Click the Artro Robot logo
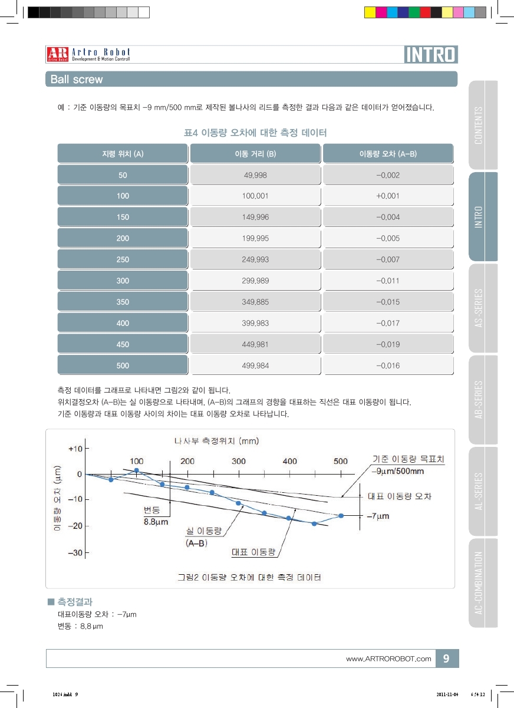[88, 54]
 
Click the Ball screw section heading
[77, 79]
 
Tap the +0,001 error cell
[388, 196]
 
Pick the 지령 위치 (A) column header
[123, 154]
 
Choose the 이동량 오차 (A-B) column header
[388, 154]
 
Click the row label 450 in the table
[123, 345]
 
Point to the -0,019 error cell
[388, 345]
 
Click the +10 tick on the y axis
[75, 449]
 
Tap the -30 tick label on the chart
[75, 552]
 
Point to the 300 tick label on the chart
[239, 461]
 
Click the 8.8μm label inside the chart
[156, 521]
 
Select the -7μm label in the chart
[378, 516]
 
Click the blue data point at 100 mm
[137, 470]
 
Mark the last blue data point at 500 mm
[341, 516]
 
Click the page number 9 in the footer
[446, 658]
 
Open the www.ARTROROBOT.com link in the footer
[388, 658]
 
